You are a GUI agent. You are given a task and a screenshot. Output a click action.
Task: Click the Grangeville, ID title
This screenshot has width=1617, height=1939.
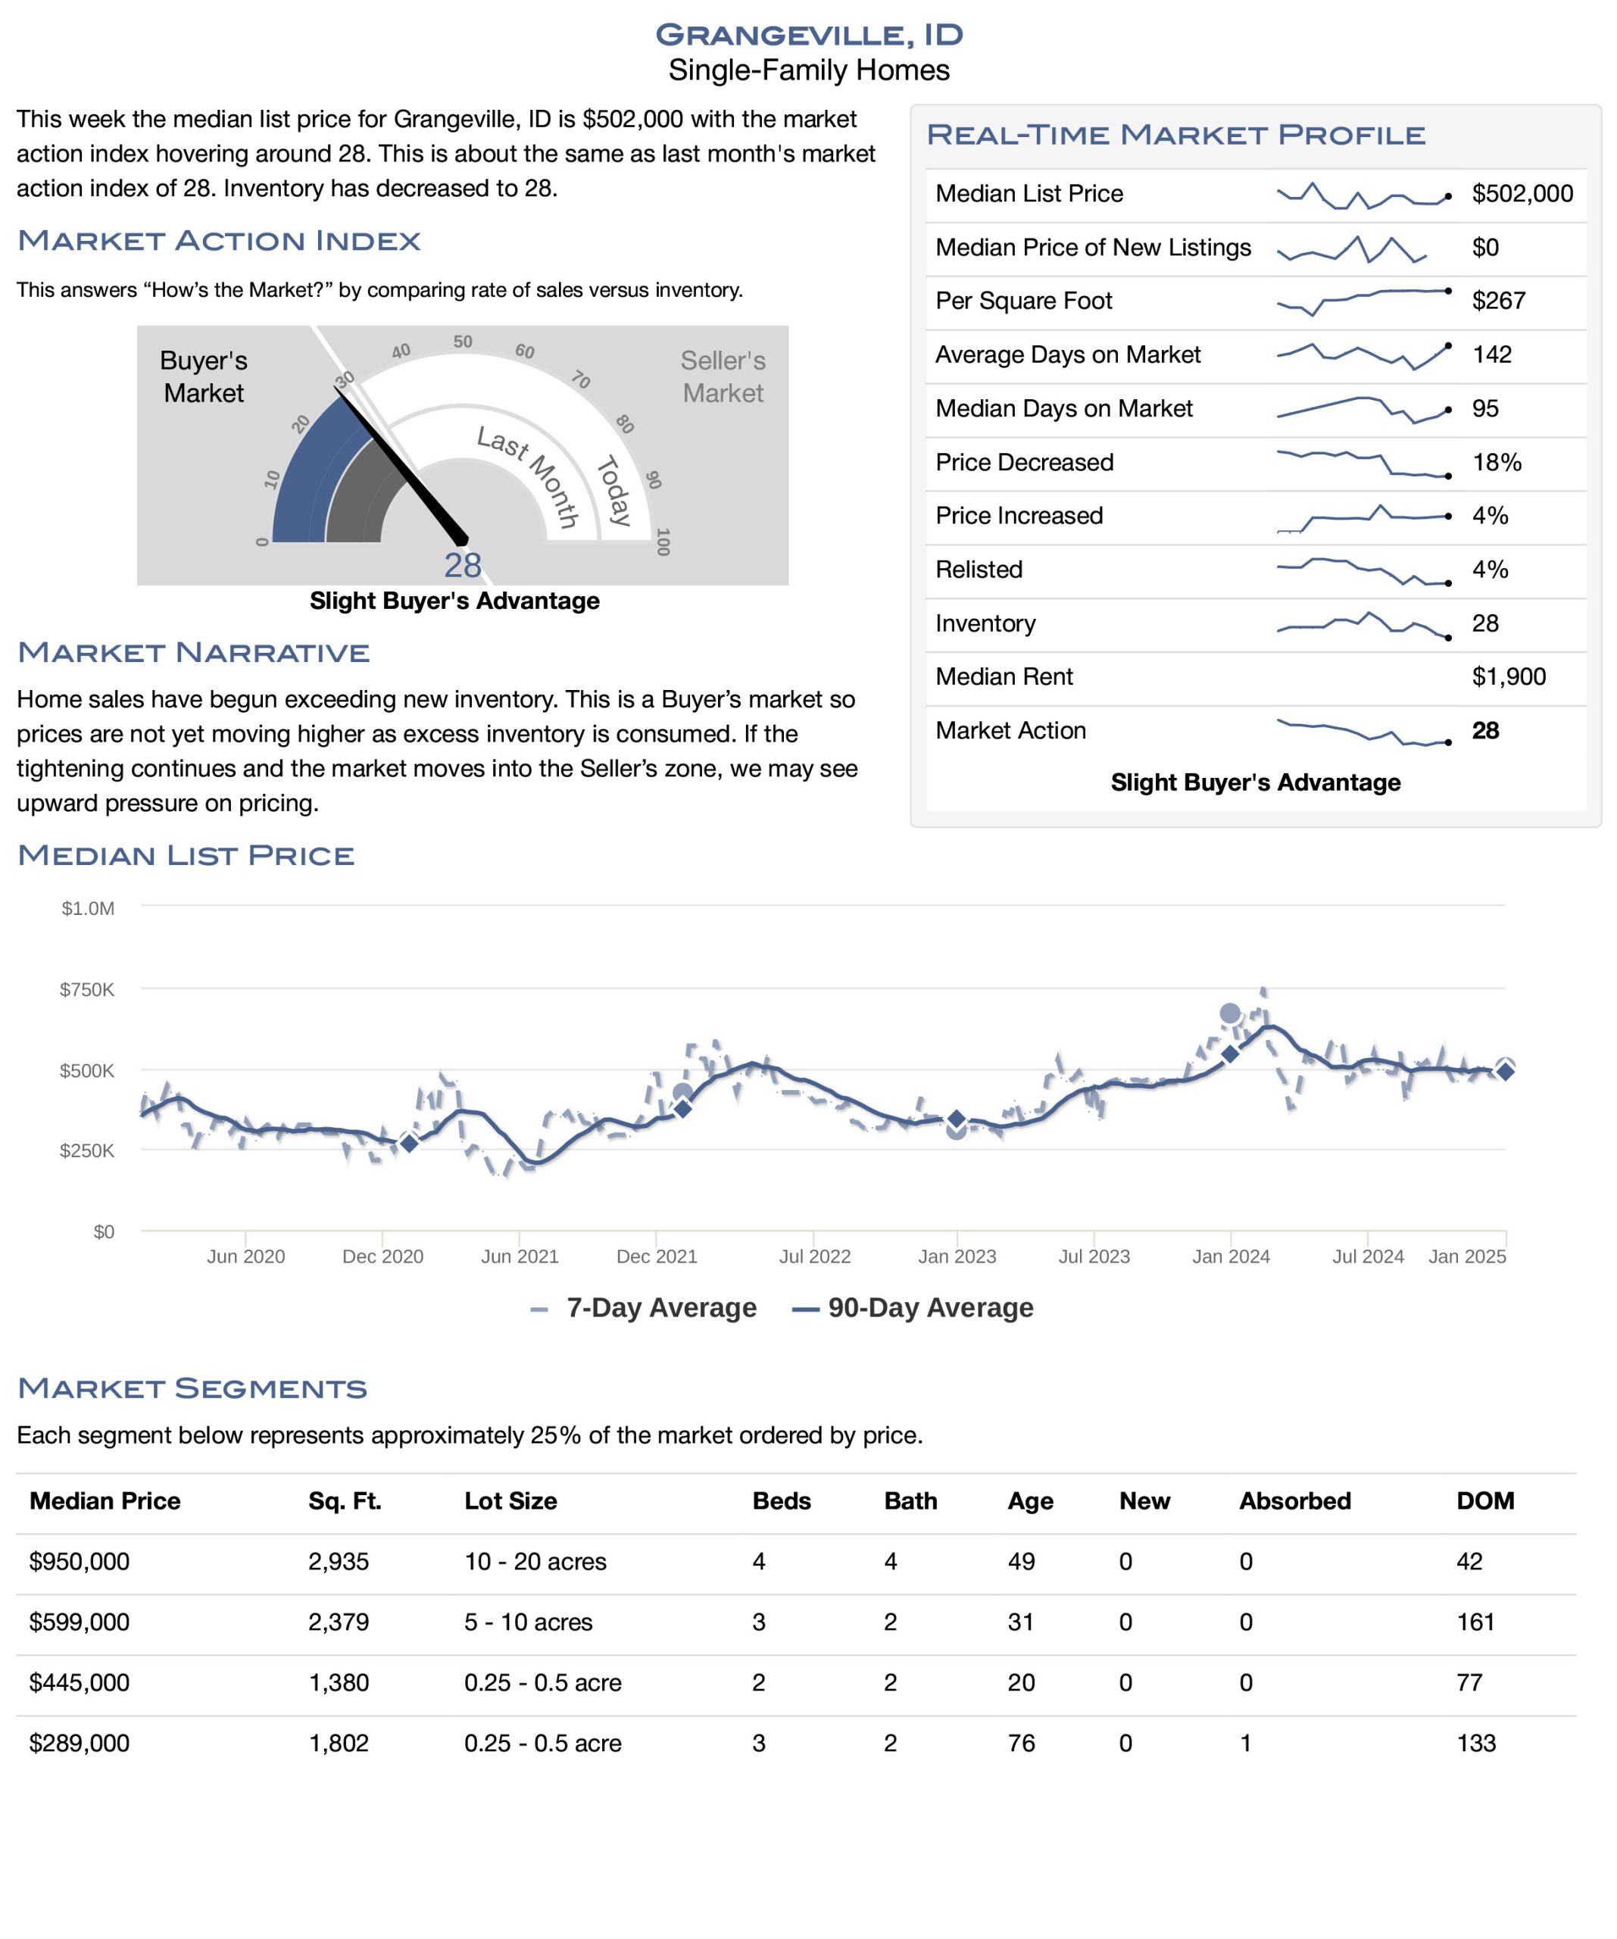(x=809, y=35)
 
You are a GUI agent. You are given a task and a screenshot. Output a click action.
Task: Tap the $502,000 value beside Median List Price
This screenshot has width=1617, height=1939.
(x=1522, y=194)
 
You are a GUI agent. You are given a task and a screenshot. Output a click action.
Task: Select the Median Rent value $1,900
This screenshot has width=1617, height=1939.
(x=1508, y=677)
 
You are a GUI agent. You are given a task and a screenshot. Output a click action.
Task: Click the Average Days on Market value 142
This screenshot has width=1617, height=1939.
(x=1491, y=354)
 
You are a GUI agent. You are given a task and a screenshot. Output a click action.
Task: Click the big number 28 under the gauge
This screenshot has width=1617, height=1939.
(x=463, y=565)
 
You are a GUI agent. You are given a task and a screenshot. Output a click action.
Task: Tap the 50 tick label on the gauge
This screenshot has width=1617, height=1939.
(x=463, y=342)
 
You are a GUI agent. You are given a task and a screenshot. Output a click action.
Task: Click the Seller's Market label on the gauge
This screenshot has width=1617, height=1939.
(x=723, y=376)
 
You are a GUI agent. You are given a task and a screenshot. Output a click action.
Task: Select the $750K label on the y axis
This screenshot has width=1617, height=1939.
(x=87, y=990)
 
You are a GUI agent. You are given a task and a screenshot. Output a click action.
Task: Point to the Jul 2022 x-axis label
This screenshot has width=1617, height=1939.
(x=814, y=1257)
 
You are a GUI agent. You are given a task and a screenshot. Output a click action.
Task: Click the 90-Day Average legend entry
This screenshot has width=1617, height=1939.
(x=913, y=1308)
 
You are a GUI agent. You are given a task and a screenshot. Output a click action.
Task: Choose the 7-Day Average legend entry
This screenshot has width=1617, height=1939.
(x=644, y=1308)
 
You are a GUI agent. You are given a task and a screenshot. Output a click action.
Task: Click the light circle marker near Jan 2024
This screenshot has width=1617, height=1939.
(x=1230, y=1014)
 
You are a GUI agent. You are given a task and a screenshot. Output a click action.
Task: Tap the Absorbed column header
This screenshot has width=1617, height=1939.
(x=1294, y=1501)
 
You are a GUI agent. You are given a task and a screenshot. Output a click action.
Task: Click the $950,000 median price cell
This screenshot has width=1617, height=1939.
(x=80, y=1563)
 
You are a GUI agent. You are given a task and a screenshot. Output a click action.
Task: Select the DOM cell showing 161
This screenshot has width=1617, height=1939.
(x=1475, y=1622)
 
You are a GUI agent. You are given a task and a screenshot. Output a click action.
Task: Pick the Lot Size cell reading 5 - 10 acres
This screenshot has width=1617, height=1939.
(x=528, y=1622)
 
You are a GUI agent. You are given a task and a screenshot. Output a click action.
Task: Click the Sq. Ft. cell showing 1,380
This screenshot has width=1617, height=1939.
(x=339, y=1683)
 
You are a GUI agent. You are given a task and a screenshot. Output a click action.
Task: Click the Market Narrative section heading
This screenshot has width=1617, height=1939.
(x=194, y=653)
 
